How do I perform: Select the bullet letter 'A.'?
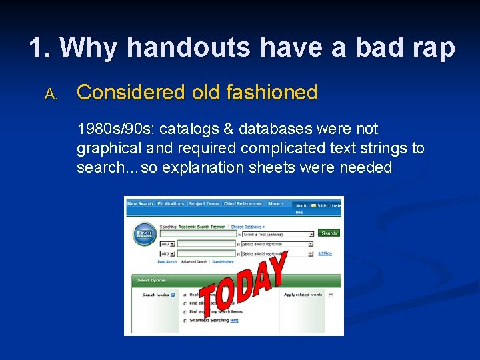tap(51, 95)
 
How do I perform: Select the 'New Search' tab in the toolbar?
tap(140, 204)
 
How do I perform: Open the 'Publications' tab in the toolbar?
tap(171, 204)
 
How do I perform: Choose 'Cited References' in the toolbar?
tap(243, 204)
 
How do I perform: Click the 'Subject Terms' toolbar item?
tap(204, 204)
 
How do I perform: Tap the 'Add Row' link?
tap(325, 253)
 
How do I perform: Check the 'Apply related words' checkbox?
tap(331, 295)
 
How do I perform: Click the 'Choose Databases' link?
tap(248, 227)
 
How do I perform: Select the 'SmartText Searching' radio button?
tap(185, 320)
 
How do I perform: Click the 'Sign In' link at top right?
tap(301, 206)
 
